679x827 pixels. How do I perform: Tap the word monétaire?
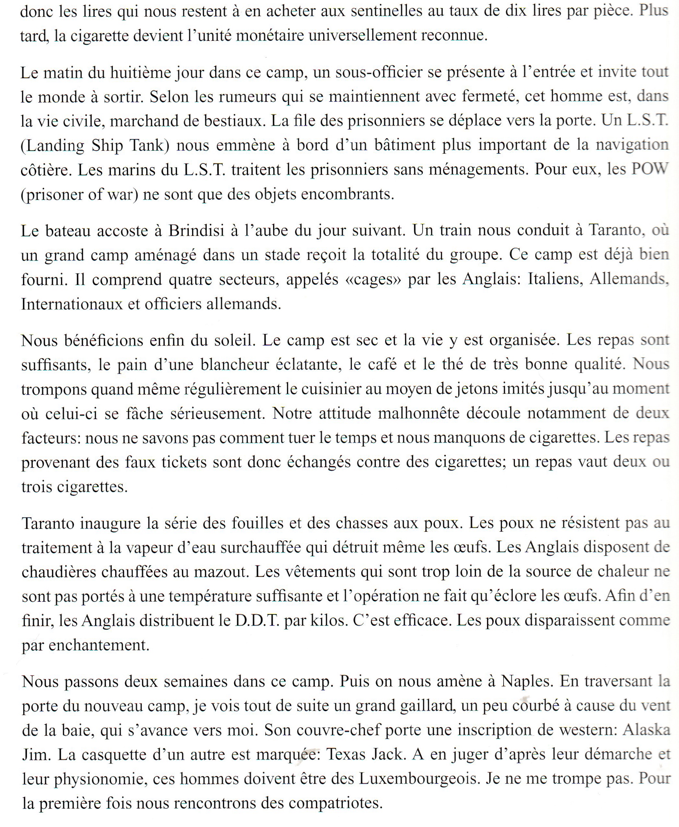point(270,36)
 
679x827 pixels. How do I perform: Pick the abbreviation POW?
point(650,169)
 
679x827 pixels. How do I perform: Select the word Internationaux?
point(72,304)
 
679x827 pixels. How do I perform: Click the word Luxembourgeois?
point(419,779)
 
